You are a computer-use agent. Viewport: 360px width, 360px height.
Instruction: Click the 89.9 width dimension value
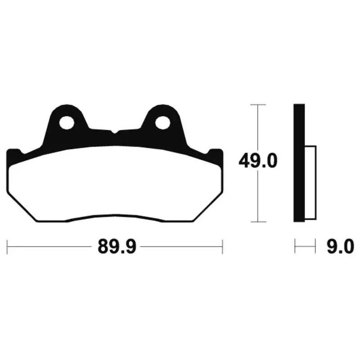pos(117,247)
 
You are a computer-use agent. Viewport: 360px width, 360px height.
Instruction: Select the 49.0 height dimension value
pos(258,161)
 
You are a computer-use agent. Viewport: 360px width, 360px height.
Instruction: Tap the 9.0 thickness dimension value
pos(340,247)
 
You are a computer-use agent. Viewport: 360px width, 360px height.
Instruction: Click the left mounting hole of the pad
pos(67,122)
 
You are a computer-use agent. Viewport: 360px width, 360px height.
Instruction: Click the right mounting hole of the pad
pos(162,122)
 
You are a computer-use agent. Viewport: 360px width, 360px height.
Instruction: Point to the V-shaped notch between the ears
pos(115,132)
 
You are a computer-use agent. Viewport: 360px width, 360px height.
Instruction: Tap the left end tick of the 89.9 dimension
pos(7,247)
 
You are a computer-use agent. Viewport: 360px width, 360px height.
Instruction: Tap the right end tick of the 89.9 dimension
pos(222,247)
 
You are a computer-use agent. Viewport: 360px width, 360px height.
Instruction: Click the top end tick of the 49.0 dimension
pos(258,105)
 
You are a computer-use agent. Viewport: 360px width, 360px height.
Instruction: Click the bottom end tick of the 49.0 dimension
pos(258,222)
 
